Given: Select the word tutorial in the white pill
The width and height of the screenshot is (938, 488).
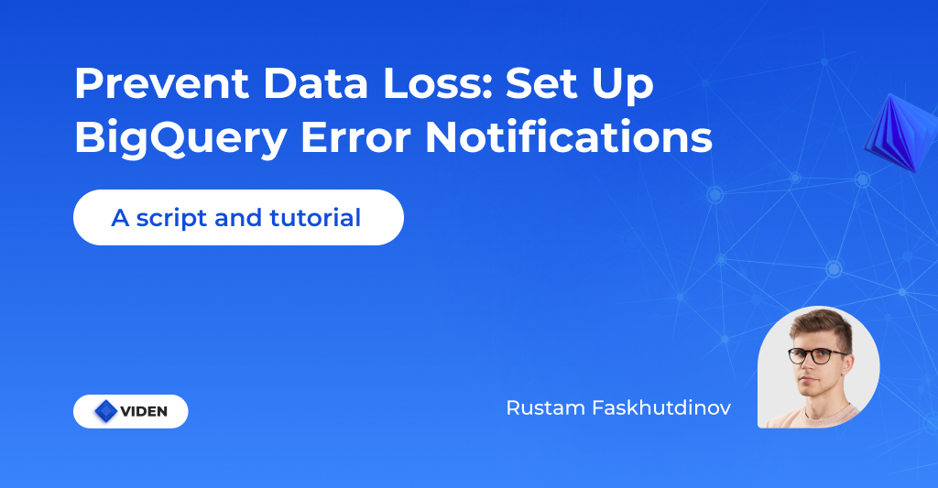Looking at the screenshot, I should pyautogui.click(x=315, y=219).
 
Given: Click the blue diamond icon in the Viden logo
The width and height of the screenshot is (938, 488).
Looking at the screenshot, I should pyautogui.click(x=106, y=411).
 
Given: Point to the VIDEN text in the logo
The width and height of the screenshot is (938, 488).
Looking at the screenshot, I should pyautogui.click(x=144, y=412).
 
